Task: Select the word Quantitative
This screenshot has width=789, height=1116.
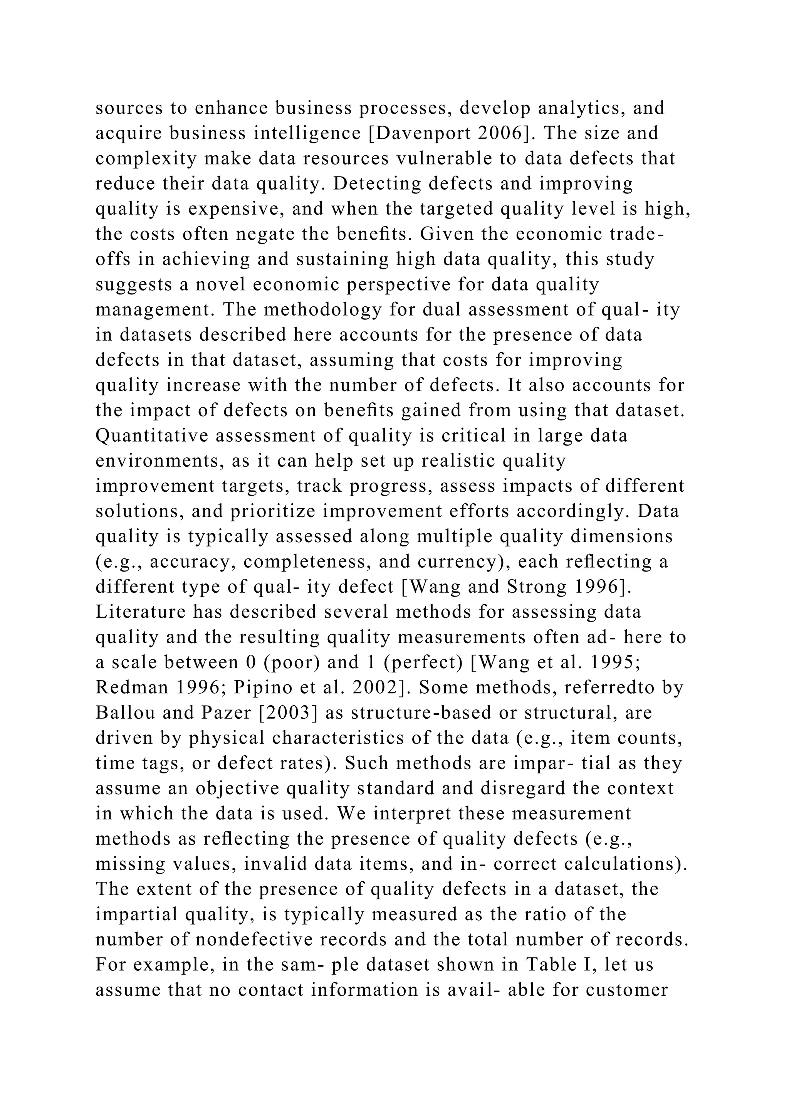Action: (152, 435)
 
